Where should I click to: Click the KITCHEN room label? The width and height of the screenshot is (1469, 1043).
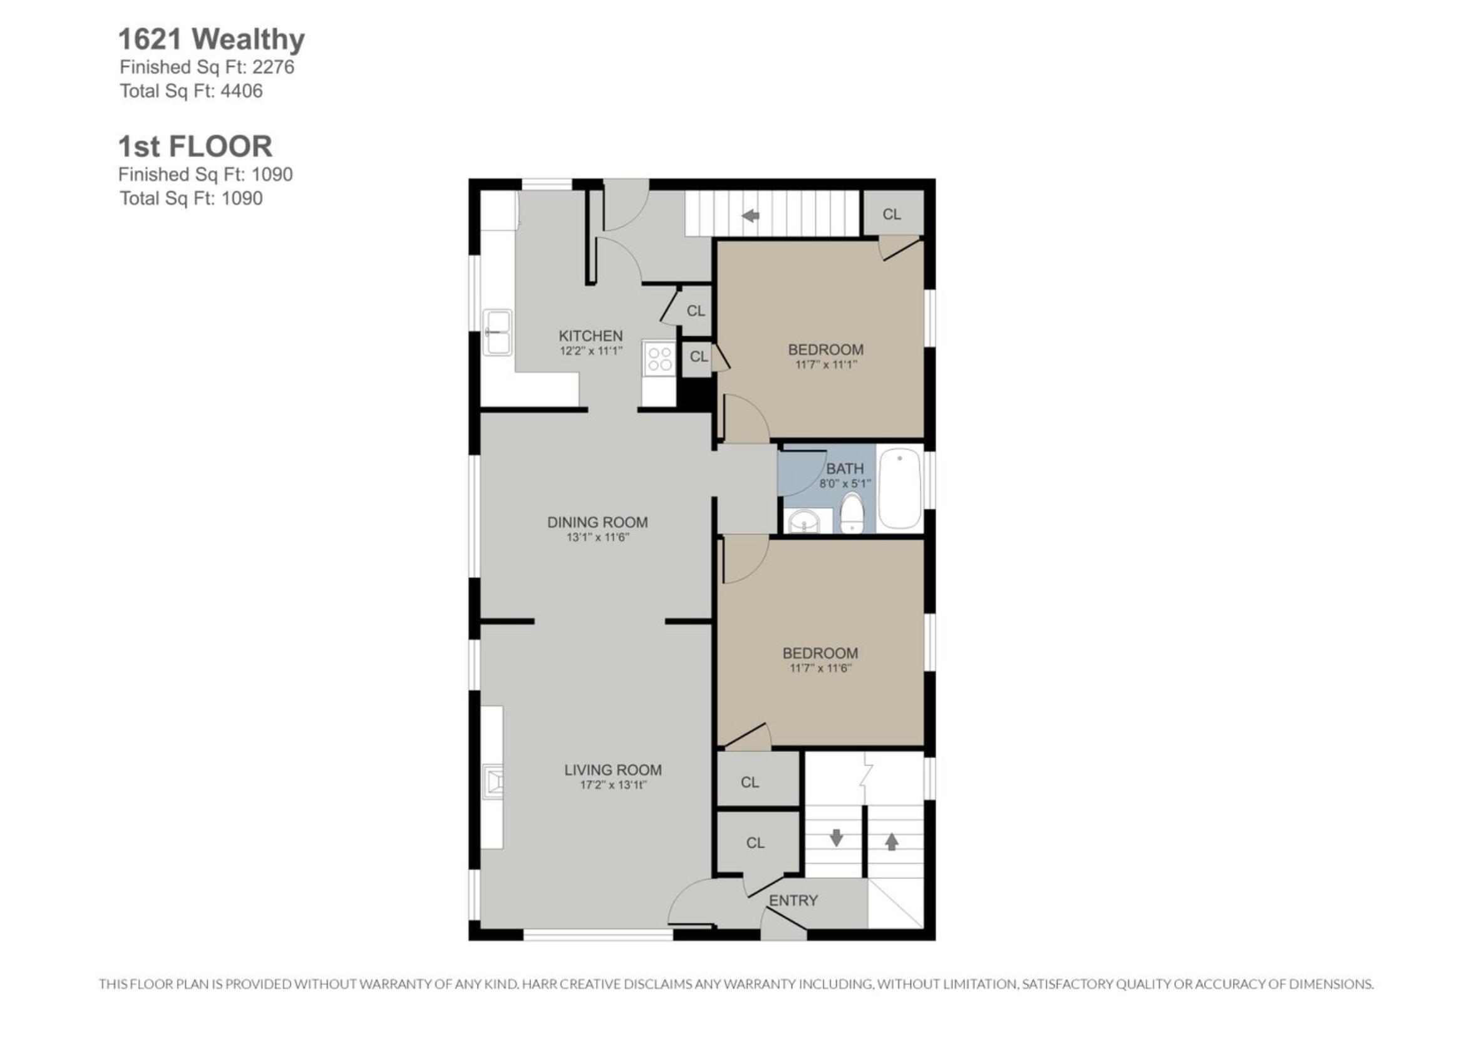(590, 336)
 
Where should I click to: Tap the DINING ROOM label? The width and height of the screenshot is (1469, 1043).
(597, 522)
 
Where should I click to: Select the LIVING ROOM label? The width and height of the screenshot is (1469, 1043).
(613, 769)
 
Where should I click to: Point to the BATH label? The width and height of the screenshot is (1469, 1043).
(845, 469)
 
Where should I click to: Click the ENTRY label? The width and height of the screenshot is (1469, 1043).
(793, 900)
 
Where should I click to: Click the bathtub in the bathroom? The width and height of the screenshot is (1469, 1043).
(899, 489)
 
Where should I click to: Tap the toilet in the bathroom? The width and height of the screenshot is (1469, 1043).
(852, 513)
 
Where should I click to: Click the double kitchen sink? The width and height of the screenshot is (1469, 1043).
(498, 332)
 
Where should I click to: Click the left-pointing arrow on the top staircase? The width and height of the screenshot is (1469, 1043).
(750, 216)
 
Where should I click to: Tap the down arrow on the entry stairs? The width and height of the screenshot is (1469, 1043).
(836, 838)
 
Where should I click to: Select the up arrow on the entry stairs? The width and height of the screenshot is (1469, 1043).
(892, 841)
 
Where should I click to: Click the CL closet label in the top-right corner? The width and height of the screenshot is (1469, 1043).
(892, 214)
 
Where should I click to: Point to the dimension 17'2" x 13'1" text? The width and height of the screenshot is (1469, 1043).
(614, 785)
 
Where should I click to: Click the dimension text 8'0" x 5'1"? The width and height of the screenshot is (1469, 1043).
(845, 483)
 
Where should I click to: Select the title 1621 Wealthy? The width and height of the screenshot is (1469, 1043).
(211, 39)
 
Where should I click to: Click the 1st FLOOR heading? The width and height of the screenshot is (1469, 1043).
(195, 146)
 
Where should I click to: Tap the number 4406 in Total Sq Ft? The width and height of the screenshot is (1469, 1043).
(242, 91)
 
